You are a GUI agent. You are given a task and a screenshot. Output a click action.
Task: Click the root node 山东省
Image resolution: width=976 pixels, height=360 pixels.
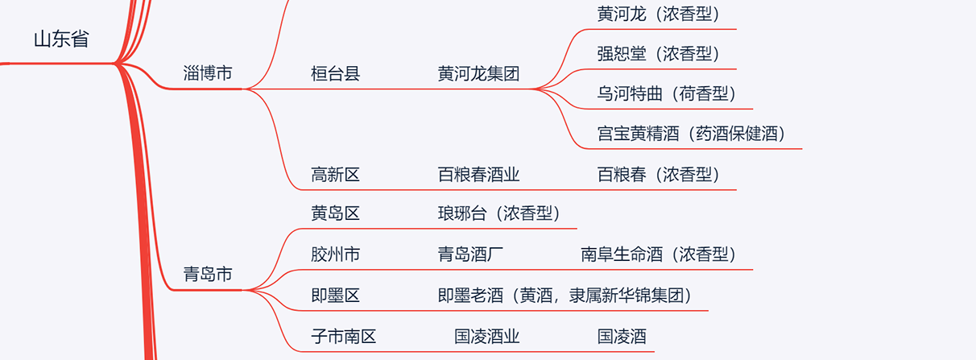(x=61, y=39)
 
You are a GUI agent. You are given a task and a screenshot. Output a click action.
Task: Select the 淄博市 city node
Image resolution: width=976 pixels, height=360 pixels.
(x=208, y=73)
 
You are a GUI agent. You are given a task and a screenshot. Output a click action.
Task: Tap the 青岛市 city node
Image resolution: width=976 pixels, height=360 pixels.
(x=208, y=275)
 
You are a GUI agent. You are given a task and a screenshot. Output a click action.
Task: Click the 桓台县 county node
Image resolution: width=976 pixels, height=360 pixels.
(x=335, y=74)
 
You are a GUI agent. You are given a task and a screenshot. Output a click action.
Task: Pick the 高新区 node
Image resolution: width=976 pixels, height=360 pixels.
(x=335, y=174)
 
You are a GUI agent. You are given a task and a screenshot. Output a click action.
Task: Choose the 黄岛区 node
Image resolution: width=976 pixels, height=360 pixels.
(x=335, y=213)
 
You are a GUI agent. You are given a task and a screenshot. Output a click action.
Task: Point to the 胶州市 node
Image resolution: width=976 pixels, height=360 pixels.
(x=335, y=254)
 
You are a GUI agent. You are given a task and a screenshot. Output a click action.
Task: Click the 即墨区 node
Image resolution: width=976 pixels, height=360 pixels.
(x=335, y=295)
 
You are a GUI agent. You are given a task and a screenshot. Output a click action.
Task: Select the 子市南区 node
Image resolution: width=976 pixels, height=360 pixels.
(x=344, y=336)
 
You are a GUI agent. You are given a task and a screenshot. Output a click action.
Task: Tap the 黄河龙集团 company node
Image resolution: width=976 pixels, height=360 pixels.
(x=478, y=74)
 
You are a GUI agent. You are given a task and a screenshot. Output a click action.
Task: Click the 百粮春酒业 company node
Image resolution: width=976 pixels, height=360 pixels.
(x=478, y=174)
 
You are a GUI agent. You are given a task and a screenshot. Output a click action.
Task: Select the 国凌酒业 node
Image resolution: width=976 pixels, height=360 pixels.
(x=487, y=336)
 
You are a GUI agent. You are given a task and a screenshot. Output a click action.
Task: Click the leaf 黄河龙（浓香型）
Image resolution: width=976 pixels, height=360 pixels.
(x=658, y=14)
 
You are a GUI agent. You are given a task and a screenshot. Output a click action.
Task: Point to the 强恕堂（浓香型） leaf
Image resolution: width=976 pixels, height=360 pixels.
(x=658, y=54)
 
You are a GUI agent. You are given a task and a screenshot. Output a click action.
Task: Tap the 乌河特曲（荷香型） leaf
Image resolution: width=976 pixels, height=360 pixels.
(x=667, y=93)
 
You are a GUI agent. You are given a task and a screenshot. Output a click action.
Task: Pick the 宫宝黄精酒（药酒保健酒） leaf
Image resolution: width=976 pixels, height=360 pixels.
(x=691, y=134)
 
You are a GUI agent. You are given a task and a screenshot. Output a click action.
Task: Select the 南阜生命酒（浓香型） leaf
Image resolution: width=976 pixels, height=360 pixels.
(x=659, y=254)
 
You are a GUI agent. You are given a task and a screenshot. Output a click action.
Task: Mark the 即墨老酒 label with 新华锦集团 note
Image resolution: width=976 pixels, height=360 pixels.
(x=565, y=295)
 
